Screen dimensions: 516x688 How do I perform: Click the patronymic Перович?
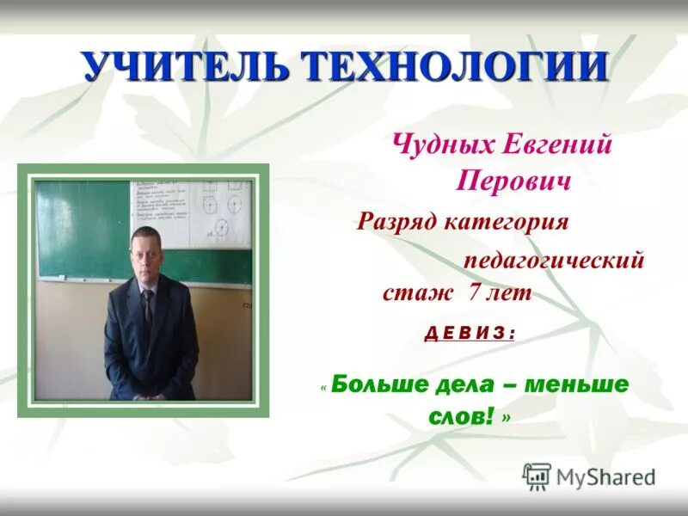pyautogui.click(x=514, y=181)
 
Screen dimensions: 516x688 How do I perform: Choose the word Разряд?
pyautogui.click(x=398, y=222)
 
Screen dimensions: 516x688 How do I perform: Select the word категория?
pyautogui.click(x=507, y=222)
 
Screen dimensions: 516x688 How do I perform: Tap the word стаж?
pyautogui.click(x=417, y=293)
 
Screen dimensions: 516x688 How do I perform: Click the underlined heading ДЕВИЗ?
pyautogui.click(x=470, y=333)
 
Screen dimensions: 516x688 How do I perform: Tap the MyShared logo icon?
pyautogui.click(x=537, y=476)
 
